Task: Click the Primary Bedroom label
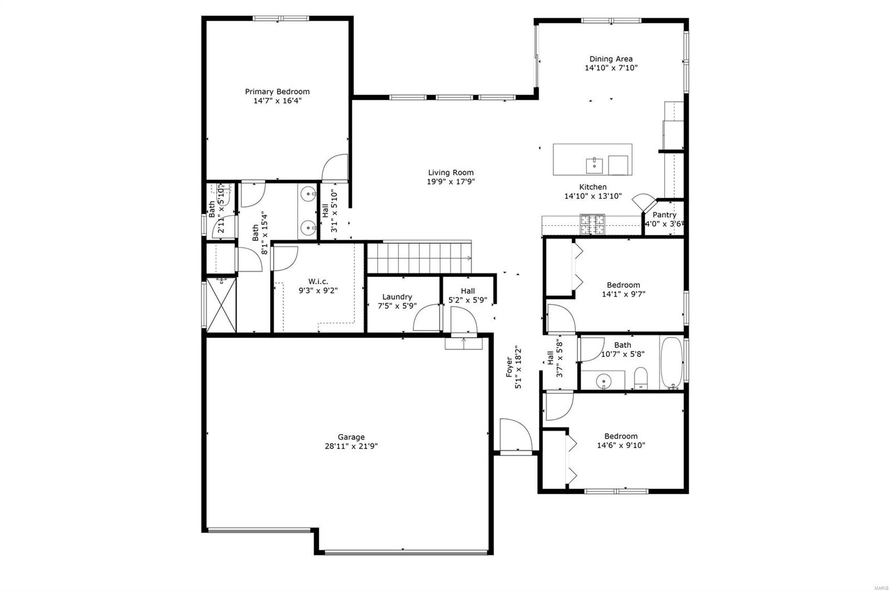277,92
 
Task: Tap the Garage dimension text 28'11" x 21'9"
351,446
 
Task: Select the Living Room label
451,173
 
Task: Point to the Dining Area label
611,59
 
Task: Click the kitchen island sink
595,165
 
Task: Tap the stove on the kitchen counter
592,225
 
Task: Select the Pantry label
664,215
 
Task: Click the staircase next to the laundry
419,258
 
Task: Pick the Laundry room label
397,297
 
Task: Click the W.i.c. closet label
318,282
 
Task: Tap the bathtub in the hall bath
671,362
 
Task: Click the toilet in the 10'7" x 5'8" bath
640,378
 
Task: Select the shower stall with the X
221,305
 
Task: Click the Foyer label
510,367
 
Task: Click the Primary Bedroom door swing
334,167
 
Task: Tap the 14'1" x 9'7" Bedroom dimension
624,294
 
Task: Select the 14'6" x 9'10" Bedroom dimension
621,446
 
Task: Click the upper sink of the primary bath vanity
308,194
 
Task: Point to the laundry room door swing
427,317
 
